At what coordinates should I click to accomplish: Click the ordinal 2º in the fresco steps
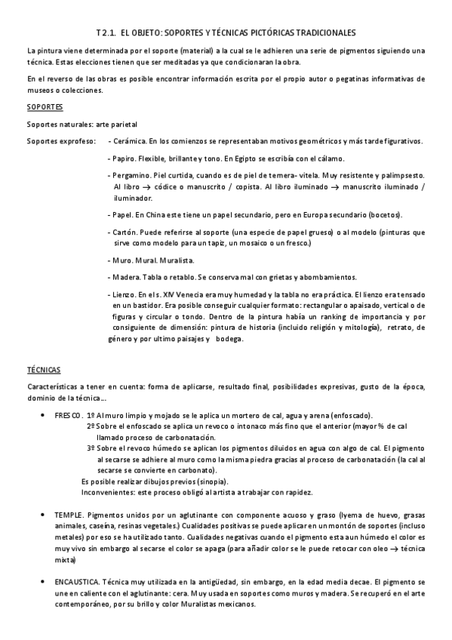point(90,426)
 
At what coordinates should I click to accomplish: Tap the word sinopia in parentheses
point(210,482)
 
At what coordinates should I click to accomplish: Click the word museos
point(36,91)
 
